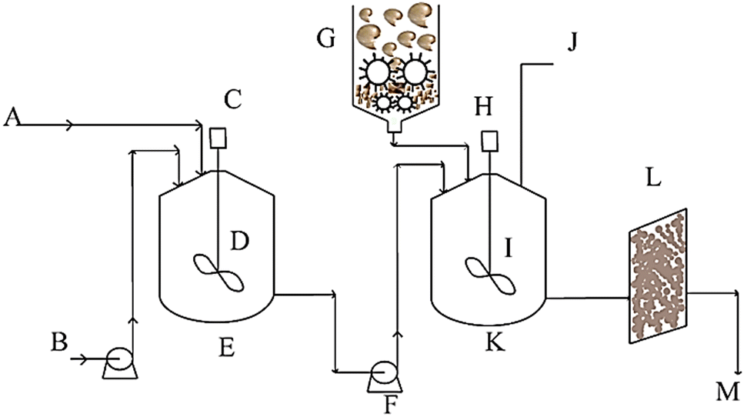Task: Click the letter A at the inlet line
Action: (x=12, y=117)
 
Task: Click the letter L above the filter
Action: (x=654, y=178)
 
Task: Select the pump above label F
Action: (x=381, y=372)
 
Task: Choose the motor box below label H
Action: (x=488, y=141)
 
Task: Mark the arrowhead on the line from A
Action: (x=71, y=123)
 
